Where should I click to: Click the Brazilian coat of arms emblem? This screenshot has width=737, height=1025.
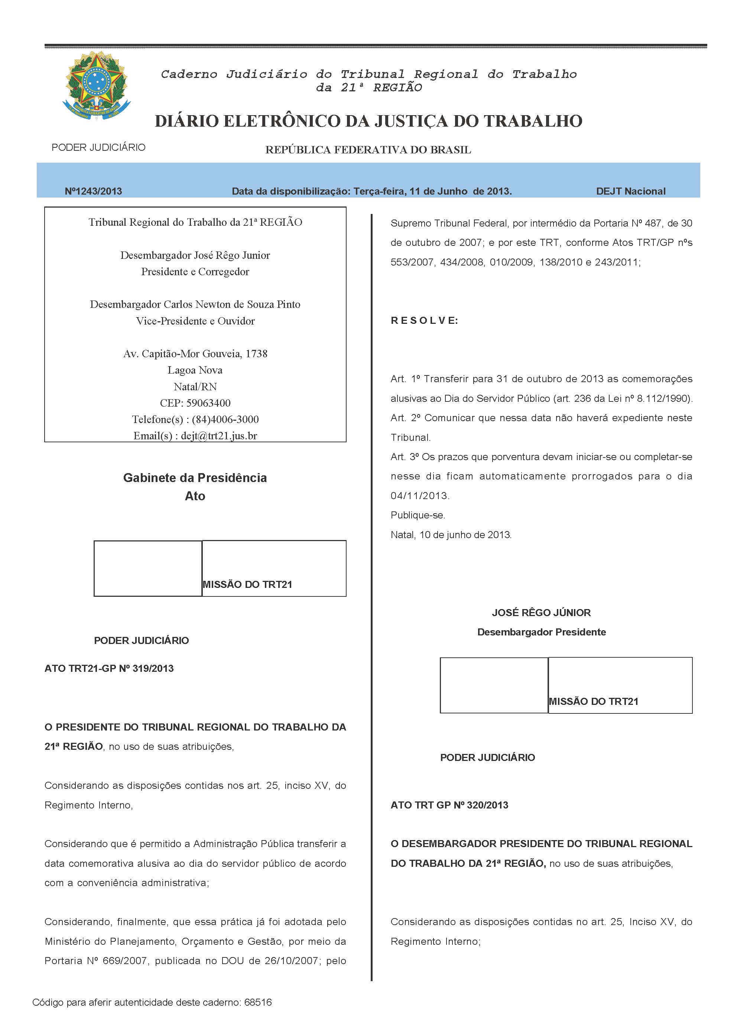(96, 85)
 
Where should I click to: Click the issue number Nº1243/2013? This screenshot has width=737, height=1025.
(93, 191)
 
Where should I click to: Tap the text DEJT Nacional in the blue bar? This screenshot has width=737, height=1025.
(630, 191)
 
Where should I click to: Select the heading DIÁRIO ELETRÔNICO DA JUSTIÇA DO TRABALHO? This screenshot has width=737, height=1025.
(368, 121)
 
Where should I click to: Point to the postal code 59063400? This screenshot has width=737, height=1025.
(208, 403)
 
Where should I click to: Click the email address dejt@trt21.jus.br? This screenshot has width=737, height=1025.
(219, 436)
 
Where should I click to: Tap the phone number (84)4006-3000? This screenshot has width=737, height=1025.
(225, 419)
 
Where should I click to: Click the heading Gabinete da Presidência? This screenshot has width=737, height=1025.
(195, 478)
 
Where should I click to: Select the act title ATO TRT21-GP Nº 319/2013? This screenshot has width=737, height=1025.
(109, 668)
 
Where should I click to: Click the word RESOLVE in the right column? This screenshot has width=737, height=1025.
(424, 320)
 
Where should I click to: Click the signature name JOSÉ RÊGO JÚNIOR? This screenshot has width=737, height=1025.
(541, 613)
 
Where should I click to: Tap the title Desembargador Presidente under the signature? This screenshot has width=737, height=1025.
(541, 632)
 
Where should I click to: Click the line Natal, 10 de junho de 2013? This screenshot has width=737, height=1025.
(451, 535)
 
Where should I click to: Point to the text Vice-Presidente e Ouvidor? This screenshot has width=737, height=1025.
(195, 321)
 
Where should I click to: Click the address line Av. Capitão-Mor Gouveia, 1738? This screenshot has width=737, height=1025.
(195, 354)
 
